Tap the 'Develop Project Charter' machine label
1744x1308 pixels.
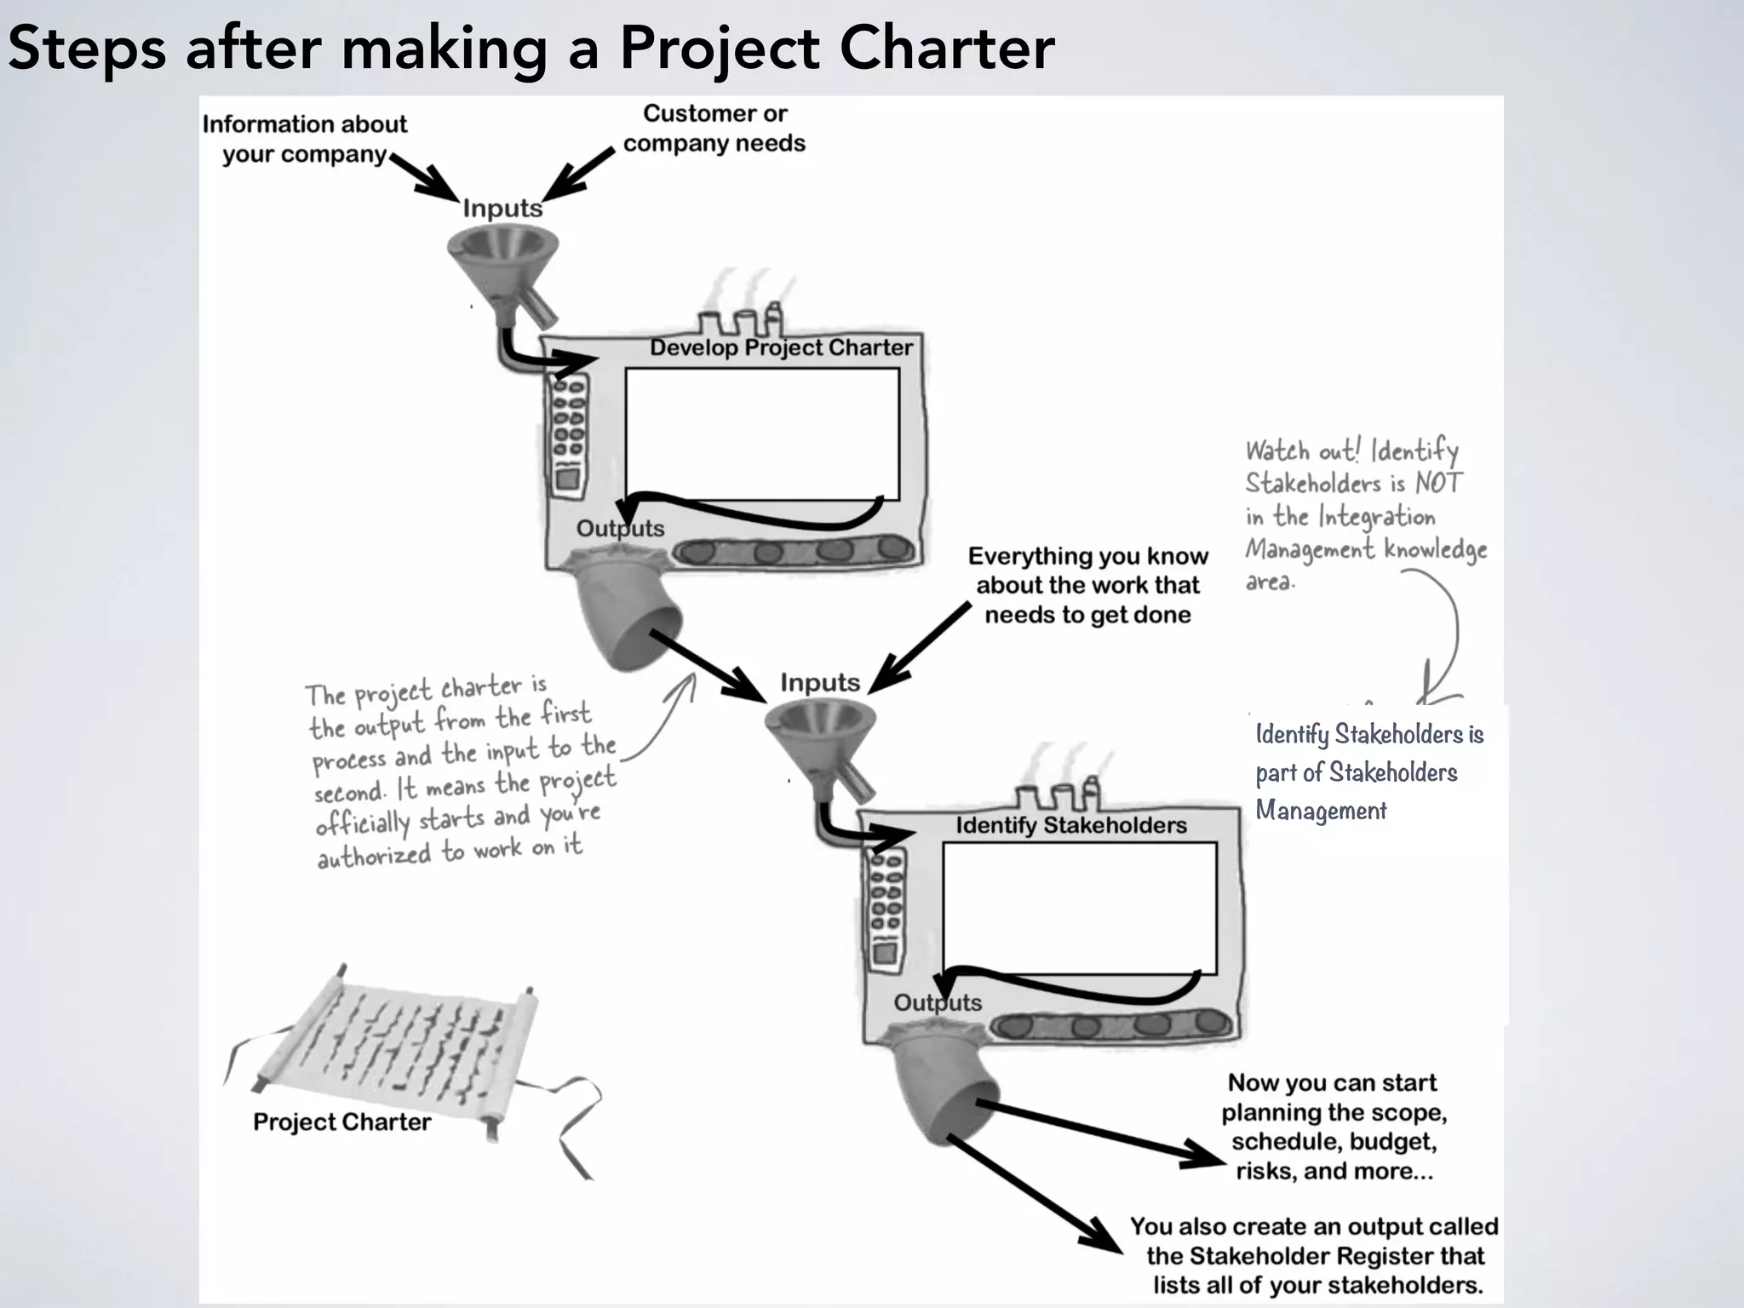(781, 347)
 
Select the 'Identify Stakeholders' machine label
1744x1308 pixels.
(1070, 825)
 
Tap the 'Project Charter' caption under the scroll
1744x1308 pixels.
(341, 1122)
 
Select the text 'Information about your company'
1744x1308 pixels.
(304, 139)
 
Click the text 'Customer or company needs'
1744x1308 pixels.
(714, 128)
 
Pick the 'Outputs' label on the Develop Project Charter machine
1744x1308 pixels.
(620, 528)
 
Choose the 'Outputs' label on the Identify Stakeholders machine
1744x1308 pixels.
(937, 1002)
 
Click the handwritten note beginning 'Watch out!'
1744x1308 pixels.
(1362, 514)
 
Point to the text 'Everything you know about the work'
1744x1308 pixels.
(1087, 585)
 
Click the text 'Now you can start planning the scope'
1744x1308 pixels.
(1334, 1127)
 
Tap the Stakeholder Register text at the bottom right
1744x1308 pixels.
(1314, 1255)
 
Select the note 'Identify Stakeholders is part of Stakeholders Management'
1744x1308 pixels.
(1368, 772)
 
